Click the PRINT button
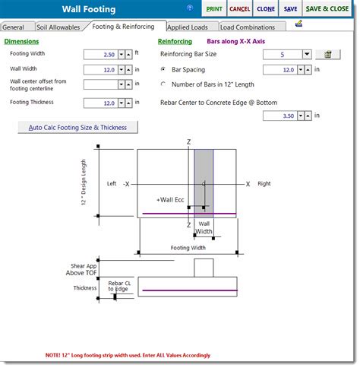(215, 9)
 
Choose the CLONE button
(265, 9)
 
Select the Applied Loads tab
(188, 27)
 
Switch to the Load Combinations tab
(249, 27)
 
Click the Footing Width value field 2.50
(99, 55)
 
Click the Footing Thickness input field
(99, 103)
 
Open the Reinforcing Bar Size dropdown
(306, 55)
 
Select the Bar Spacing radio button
(164, 69)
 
